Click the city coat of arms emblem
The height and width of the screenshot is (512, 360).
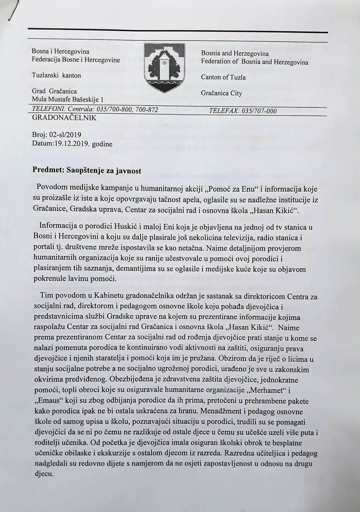(x=165, y=67)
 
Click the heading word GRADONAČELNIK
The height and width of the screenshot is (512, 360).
(x=64, y=118)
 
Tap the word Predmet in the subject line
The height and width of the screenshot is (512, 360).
(x=45, y=170)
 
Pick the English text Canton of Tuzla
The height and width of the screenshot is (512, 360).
(x=223, y=77)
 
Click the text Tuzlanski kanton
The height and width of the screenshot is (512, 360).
(x=56, y=75)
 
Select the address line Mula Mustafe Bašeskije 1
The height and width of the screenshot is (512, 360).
(x=68, y=99)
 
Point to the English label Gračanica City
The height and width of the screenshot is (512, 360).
(x=221, y=93)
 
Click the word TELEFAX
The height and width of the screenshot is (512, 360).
(x=223, y=111)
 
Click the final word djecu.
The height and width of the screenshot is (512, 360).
(x=43, y=474)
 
